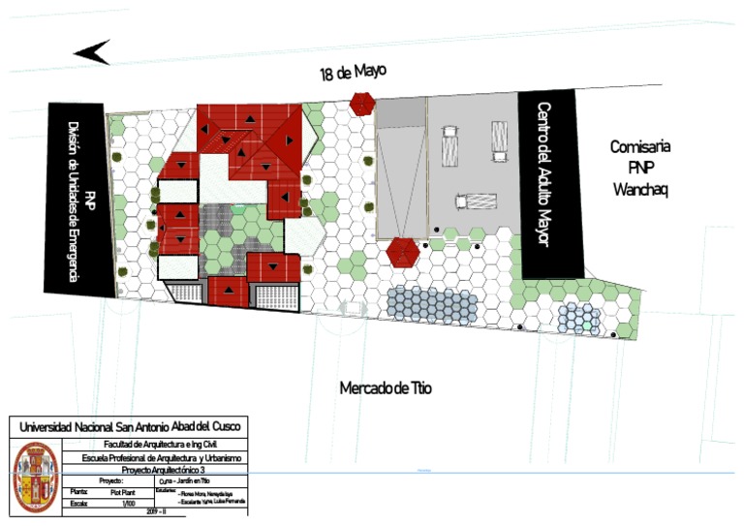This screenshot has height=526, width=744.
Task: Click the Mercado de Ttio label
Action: (x=386, y=388)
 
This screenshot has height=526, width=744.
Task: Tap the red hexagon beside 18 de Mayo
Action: (x=362, y=103)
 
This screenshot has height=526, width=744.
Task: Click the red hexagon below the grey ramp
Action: (x=402, y=252)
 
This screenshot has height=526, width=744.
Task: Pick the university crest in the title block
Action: (x=35, y=477)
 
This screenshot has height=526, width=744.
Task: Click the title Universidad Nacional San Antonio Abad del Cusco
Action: (x=127, y=427)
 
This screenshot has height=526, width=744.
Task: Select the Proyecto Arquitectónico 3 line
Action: (x=154, y=469)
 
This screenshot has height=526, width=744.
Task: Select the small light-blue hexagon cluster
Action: (x=577, y=316)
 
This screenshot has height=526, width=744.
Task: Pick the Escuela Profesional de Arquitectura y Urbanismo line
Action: (x=154, y=457)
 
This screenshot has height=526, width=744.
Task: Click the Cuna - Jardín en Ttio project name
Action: (x=183, y=480)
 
